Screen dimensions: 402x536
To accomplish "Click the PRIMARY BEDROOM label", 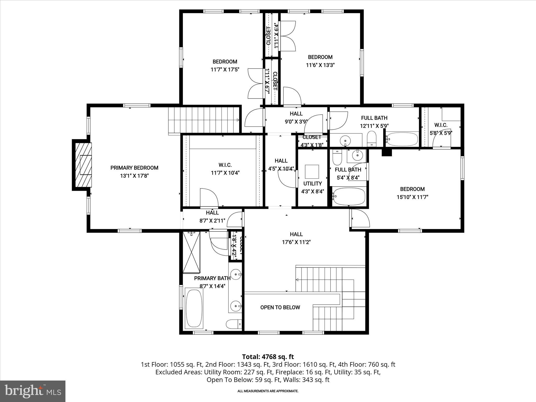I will tap(134, 168).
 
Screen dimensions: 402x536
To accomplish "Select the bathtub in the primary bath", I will tap(194, 308).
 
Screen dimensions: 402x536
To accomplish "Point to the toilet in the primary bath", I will tap(233, 324).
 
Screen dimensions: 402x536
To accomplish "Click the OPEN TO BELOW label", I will tap(280, 308).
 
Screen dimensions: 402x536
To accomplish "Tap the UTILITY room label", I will tap(312, 183).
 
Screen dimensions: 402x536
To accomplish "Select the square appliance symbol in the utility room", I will tap(312, 172).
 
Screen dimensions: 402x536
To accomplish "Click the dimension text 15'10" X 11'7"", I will tap(412, 197).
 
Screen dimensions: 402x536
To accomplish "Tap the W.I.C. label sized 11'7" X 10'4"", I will tap(225, 165).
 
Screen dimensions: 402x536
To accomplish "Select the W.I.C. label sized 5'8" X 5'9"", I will tap(441, 125).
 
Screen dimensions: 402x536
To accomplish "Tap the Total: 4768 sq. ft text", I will tap(268, 357).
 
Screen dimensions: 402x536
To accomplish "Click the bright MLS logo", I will tap(33, 391).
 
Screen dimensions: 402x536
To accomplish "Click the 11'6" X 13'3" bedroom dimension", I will tap(320, 65).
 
